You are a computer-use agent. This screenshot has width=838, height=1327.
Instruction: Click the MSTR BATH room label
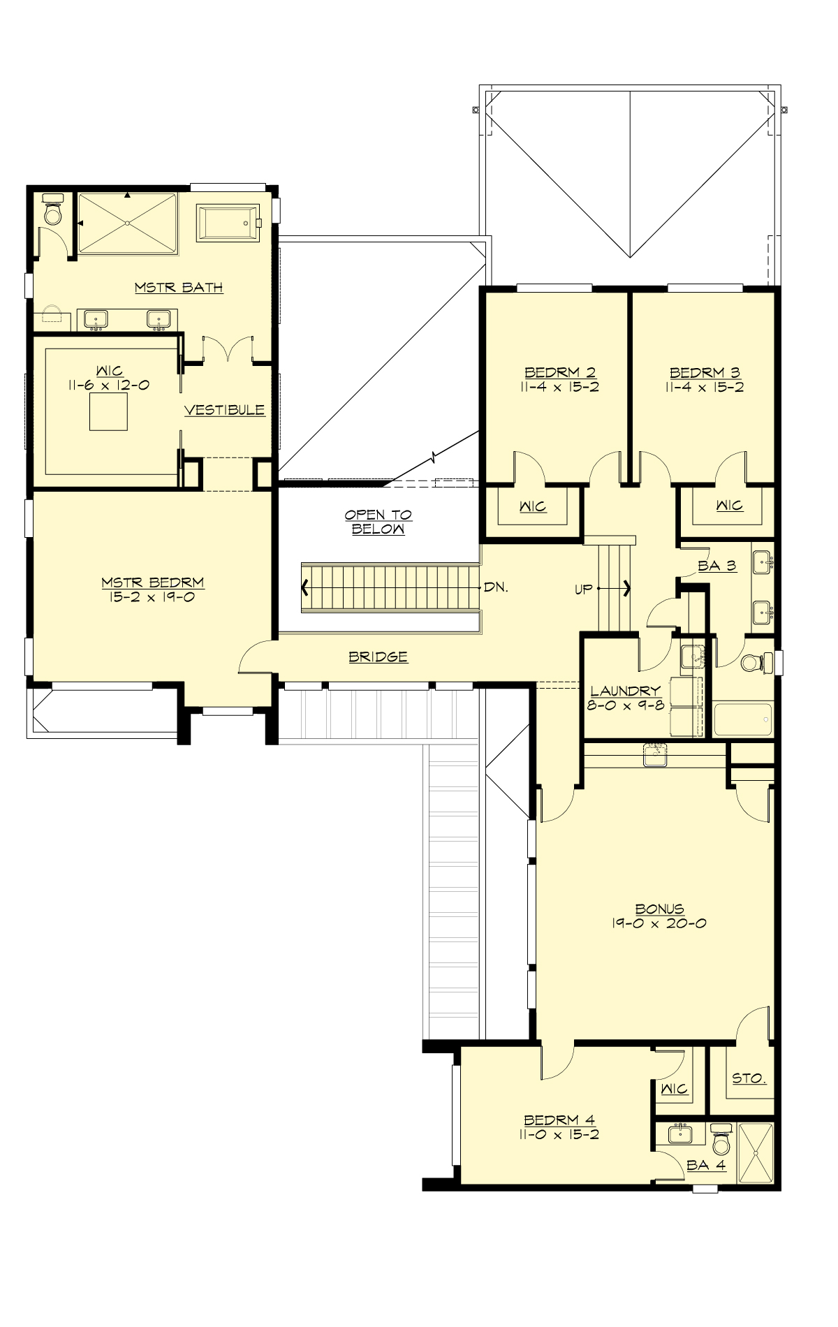[179, 287]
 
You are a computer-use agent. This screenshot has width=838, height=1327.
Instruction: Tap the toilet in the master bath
[53, 210]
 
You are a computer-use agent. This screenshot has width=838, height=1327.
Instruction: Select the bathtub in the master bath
[228, 223]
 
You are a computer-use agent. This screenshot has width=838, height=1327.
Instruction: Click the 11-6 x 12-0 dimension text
[110, 386]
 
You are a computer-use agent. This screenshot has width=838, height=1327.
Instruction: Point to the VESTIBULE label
[224, 410]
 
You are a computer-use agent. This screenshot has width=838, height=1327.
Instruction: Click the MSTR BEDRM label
[152, 582]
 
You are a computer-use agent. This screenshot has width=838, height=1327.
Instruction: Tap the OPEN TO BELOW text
[378, 522]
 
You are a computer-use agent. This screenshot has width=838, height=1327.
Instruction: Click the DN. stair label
[496, 587]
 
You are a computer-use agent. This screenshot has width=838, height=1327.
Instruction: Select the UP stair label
[583, 589]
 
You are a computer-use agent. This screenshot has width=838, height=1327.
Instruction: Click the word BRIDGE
[378, 657]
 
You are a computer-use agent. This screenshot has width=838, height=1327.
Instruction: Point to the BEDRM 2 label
[560, 372]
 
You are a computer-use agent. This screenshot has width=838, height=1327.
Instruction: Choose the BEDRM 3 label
[705, 372]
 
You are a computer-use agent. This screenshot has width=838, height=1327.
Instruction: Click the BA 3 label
[716, 566]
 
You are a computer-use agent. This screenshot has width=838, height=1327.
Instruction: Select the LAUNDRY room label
[624, 691]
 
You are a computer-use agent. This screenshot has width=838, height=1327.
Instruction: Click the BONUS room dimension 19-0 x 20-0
[659, 923]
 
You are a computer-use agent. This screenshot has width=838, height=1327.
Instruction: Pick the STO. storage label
[749, 1078]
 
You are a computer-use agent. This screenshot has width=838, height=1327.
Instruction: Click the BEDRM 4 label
[559, 1120]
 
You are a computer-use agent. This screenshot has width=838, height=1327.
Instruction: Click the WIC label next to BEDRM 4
[674, 1089]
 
